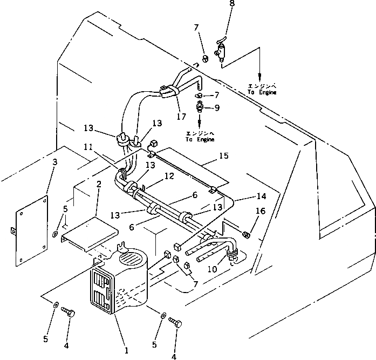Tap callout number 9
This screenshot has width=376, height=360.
tap(217, 108)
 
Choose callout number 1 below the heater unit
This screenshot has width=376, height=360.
tap(126, 350)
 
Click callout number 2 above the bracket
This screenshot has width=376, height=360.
tap(99, 184)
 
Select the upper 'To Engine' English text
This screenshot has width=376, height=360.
tap(262, 92)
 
